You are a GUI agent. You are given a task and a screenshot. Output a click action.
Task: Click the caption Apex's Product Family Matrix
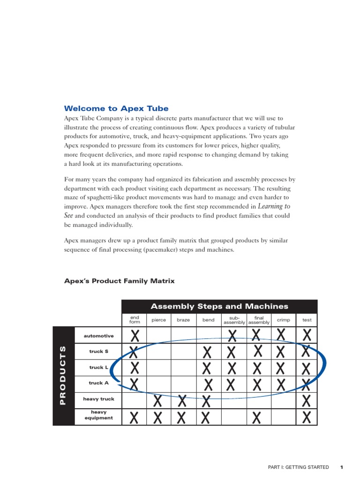[x=119, y=281]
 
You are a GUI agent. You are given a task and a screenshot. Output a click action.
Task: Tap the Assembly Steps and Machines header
[x=219, y=306]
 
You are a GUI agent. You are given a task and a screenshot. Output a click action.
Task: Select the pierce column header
[x=159, y=320]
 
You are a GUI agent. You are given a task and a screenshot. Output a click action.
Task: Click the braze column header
[x=183, y=320]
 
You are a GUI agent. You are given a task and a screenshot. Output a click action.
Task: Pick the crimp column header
[x=283, y=320]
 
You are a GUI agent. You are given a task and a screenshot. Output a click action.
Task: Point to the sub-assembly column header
[x=234, y=320]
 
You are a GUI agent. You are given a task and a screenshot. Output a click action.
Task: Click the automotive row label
[x=98, y=336]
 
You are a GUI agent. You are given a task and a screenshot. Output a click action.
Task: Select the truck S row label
[x=98, y=351]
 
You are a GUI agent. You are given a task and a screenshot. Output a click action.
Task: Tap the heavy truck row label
[x=98, y=399]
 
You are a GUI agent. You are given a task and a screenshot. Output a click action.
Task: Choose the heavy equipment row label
[x=98, y=415]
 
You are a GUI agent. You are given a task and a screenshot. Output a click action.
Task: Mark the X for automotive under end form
[x=135, y=335]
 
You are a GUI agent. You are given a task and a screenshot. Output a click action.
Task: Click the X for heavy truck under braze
[x=183, y=401]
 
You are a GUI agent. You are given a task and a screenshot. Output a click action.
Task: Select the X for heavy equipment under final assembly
[x=256, y=417]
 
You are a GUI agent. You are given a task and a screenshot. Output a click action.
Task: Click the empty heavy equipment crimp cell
[x=283, y=417]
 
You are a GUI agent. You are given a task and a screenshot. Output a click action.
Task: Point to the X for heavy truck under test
[x=306, y=401]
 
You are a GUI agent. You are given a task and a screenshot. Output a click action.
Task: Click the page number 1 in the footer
[x=342, y=467]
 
